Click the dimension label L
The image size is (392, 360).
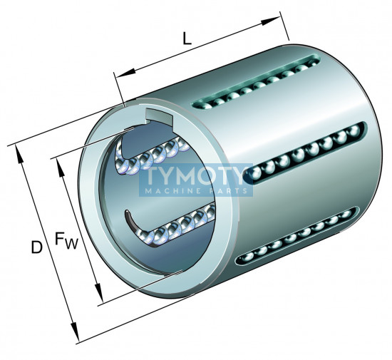187,38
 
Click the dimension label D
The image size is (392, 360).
37,247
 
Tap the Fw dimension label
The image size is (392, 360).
66,240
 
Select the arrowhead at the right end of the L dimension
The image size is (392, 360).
271,21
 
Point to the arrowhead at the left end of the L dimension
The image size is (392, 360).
125,73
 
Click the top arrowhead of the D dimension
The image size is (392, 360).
19,154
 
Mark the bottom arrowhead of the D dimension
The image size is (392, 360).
75,331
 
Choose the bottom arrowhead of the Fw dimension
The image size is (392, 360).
99,293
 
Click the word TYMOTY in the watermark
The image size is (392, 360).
196,175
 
